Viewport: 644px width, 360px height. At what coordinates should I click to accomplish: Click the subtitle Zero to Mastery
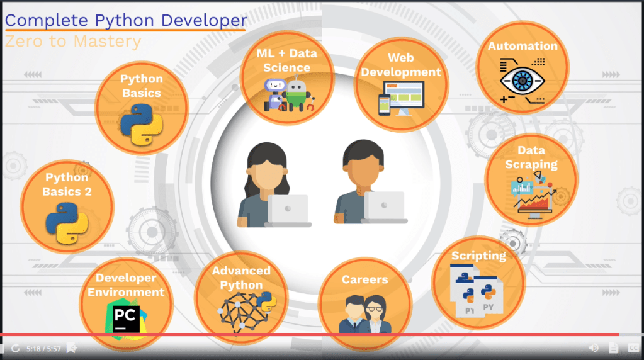72,41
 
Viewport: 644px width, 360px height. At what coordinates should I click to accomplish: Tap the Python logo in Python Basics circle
142,125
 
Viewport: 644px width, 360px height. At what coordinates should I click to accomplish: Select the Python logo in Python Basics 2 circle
67,223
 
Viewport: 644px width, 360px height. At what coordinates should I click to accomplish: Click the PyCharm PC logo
126,319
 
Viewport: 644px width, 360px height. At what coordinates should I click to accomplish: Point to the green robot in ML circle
297,96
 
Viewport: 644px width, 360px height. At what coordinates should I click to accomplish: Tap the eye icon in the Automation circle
523,81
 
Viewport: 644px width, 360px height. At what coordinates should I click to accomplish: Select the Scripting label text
478,256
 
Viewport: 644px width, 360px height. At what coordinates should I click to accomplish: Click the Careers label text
364,279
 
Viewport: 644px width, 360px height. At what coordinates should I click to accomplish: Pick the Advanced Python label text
241,278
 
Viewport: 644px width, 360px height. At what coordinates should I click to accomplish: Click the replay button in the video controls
16,349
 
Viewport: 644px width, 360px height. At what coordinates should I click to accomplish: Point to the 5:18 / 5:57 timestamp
43,349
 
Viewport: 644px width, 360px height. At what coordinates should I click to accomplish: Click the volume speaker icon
594,348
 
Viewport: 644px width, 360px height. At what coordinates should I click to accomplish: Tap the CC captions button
633,348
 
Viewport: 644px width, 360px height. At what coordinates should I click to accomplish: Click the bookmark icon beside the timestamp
72,348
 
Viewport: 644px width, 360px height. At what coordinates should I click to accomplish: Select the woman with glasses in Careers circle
375,314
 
